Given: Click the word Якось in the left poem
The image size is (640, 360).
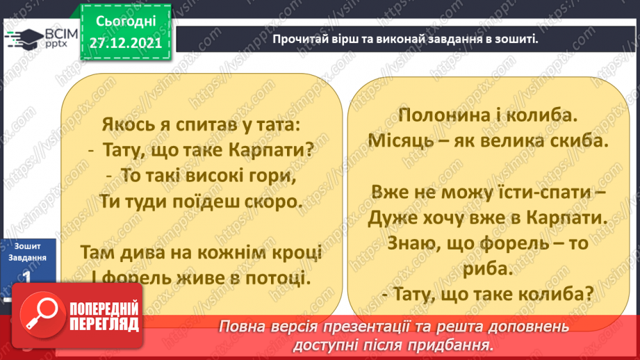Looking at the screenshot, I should point(124,126).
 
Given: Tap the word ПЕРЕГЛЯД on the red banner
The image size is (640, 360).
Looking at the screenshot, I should point(104,324).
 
